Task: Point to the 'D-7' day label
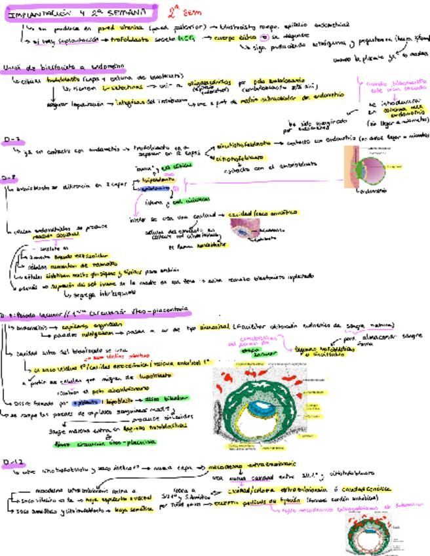tap(11, 139)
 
